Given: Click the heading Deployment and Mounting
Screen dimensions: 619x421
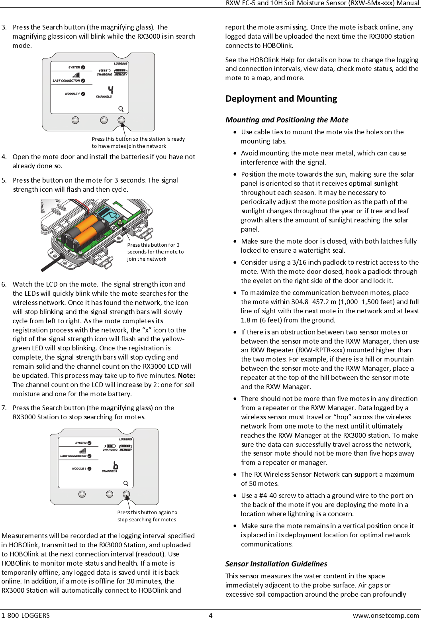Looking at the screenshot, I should (281, 98).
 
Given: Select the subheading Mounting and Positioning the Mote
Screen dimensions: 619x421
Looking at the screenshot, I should (287, 120).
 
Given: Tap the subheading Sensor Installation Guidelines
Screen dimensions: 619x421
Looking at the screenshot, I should (276, 564).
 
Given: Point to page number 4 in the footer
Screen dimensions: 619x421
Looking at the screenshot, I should (211, 615).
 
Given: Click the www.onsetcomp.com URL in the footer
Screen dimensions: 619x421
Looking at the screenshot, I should (386, 615).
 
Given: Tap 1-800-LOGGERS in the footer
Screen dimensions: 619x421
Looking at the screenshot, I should (25, 615).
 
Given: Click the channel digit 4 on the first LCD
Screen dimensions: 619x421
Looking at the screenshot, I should (110, 90).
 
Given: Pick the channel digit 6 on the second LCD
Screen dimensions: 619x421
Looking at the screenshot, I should (116, 465).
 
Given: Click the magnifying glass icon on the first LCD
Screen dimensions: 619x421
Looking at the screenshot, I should (121, 109).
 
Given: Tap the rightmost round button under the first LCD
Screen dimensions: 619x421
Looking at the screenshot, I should (121, 120).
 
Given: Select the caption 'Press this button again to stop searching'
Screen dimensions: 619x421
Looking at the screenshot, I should (147, 516).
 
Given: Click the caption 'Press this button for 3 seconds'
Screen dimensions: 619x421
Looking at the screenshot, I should (155, 252).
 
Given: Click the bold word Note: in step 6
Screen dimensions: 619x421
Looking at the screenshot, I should (186, 375).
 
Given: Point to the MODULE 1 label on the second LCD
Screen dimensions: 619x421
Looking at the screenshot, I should (79, 469).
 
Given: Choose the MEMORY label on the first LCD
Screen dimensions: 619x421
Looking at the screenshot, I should (121, 75).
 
